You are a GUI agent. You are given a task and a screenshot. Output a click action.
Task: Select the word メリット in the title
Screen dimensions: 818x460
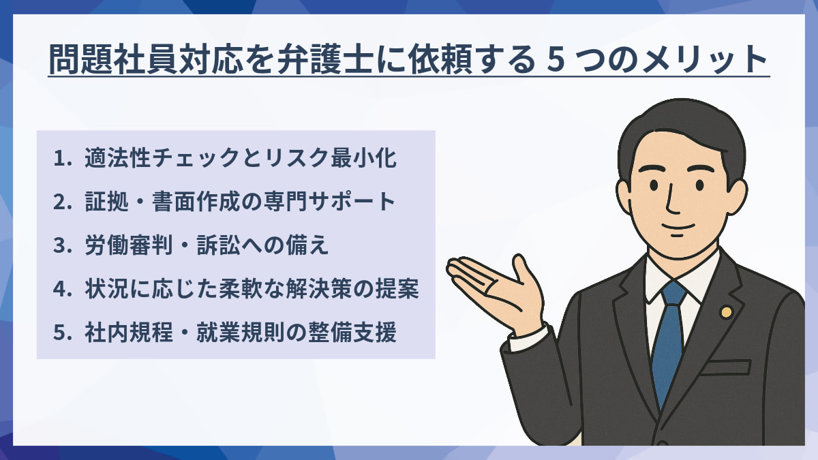703,59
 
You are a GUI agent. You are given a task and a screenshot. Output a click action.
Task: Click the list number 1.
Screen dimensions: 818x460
60,158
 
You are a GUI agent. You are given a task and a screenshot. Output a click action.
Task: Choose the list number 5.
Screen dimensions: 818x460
61,333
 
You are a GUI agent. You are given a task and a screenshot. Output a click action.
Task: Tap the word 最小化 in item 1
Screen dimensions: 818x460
364,158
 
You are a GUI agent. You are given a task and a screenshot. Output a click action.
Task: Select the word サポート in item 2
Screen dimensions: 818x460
353,202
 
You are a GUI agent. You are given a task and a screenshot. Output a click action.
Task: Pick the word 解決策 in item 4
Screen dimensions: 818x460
320,289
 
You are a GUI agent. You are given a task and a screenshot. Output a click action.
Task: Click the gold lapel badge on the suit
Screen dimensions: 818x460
727,312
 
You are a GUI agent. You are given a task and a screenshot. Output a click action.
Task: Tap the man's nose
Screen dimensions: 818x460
671,201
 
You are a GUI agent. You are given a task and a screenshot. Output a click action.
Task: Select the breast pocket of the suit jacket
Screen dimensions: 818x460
725,367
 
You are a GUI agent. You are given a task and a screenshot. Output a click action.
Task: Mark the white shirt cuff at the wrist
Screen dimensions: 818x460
528,339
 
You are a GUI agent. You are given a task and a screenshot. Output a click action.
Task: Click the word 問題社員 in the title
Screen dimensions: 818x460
113,59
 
